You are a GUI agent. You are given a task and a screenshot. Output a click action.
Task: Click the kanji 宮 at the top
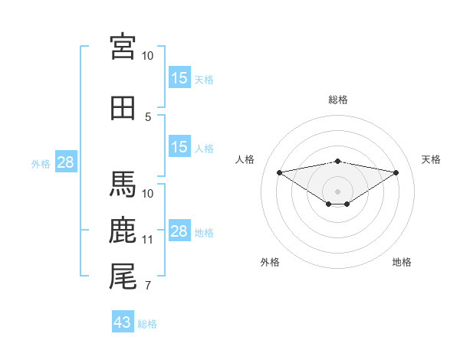[123, 47]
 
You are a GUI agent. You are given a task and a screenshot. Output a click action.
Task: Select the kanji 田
[123, 108]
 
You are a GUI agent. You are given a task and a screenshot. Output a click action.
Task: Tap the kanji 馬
[123, 184]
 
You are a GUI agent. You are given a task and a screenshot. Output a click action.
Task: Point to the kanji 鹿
[123, 230]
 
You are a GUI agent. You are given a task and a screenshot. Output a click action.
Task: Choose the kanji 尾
[123, 277]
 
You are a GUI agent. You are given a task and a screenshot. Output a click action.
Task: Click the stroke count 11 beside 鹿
[147, 240]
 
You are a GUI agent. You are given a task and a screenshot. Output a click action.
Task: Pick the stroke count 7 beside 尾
[148, 286]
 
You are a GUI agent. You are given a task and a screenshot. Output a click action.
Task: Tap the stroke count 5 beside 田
[148, 117]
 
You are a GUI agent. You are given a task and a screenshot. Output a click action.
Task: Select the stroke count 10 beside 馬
[147, 194]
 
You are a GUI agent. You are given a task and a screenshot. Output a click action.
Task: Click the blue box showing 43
[123, 321]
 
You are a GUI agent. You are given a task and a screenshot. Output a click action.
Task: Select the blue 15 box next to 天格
[179, 77]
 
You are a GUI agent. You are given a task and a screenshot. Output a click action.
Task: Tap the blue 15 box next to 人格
[179, 146]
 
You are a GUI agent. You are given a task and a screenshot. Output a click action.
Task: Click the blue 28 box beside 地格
[179, 230]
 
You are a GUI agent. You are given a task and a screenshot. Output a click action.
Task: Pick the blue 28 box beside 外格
[66, 162]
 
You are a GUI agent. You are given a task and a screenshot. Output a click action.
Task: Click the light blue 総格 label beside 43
[147, 324]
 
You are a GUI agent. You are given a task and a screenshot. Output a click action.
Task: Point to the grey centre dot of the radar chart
[337, 191]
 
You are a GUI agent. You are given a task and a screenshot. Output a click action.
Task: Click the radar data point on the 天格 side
[396, 172]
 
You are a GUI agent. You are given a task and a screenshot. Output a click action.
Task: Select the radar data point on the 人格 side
[279, 172]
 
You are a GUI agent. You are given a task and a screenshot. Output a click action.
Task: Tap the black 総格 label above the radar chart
[338, 100]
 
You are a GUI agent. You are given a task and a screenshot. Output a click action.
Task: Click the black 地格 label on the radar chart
[402, 262]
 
